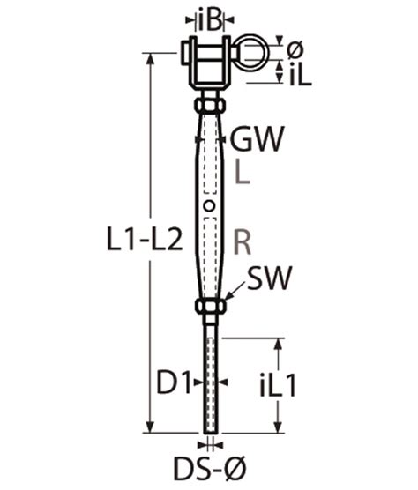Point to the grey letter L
243,174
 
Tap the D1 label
174,382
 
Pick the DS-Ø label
210,468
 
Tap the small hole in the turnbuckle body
209,206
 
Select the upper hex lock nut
209,105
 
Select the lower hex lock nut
209,308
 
